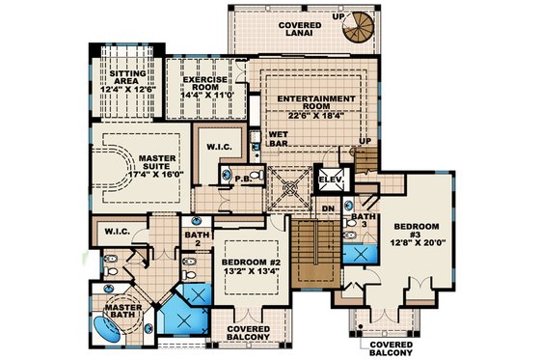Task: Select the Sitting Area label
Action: [x=128, y=78]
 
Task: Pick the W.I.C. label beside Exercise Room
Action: [x=216, y=148]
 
